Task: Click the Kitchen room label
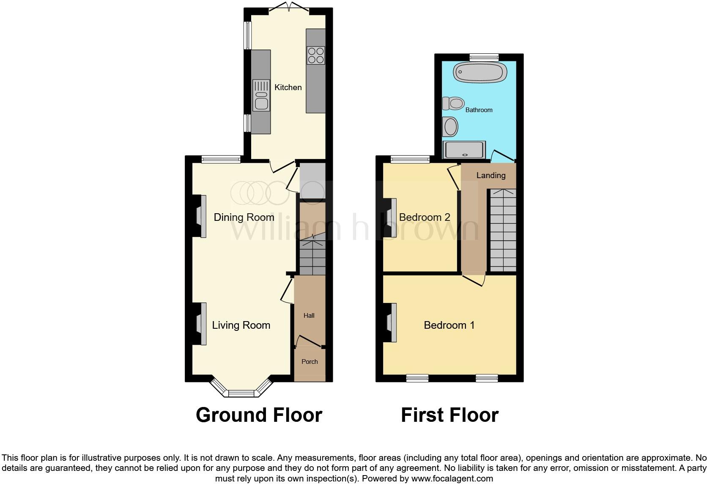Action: [288, 88]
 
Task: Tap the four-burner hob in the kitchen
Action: [316, 55]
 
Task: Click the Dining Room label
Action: [244, 217]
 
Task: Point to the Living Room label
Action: [241, 325]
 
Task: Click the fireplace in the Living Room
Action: [201, 324]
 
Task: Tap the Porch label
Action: [310, 362]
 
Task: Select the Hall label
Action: [309, 316]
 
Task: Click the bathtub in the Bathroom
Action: [480, 72]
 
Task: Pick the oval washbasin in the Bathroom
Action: [450, 126]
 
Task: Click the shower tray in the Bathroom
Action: [463, 150]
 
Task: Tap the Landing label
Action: [491, 176]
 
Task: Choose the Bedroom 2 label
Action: [425, 217]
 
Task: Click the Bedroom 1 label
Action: [449, 325]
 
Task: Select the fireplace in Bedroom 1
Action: [392, 323]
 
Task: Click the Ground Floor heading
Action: [259, 415]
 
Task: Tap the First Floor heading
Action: [449, 415]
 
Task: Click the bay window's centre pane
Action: [241, 393]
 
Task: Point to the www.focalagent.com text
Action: [452, 479]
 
